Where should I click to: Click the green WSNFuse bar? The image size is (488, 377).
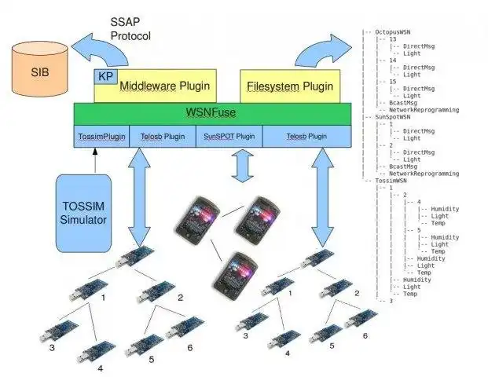[212, 112]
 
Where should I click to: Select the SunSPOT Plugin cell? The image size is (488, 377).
[228, 136]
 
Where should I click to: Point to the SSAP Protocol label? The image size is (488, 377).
[130, 30]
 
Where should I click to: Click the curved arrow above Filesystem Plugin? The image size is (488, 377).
[318, 51]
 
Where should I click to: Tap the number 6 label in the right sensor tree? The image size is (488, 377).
[365, 335]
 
